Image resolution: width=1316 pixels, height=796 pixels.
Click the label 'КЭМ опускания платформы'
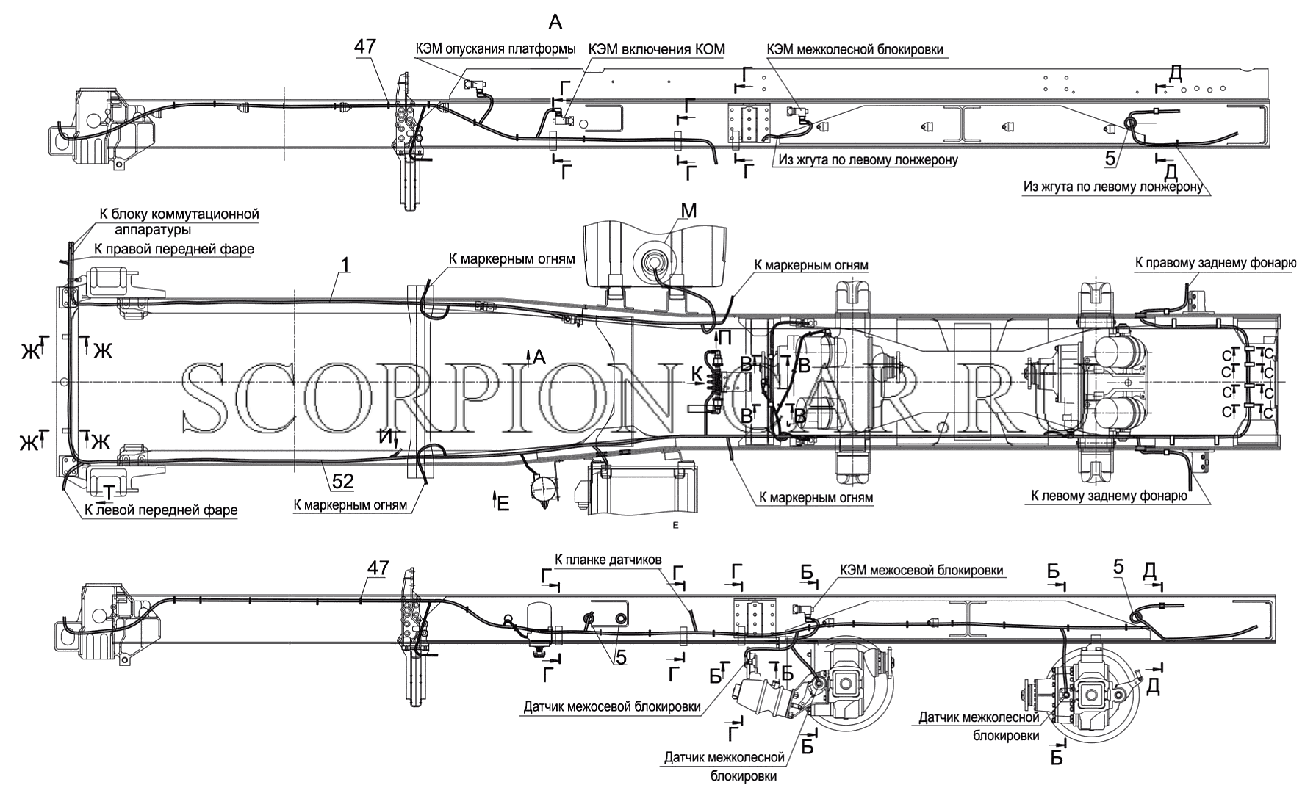[x=495, y=49]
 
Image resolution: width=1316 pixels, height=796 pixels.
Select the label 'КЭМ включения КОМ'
[x=656, y=49]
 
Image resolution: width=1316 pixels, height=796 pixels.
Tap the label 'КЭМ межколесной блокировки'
[x=855, y=49]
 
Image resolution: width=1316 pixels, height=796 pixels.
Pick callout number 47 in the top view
[x=365, y=46]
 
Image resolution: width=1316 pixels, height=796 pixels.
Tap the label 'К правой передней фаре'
[x=173, y=249]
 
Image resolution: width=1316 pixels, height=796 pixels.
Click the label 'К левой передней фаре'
[x=162, y=510]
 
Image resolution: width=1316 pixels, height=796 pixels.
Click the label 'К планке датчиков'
[x=608, y=560]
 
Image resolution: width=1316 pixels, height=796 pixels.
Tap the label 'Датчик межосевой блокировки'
[x=611, y=707]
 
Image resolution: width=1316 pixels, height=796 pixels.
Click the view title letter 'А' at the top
[x=555, y=22]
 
